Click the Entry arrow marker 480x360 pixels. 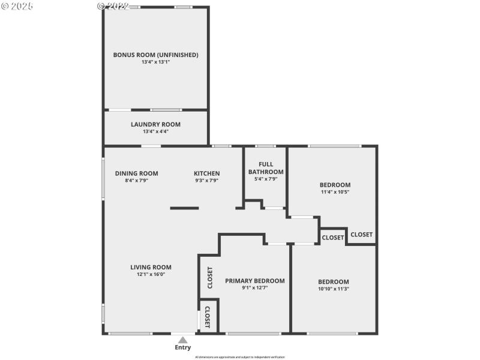pos(182,340)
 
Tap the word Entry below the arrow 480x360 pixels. pos(182,347)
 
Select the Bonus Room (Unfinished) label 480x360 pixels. pos(155,55)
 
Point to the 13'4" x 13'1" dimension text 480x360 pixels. pos(155,62)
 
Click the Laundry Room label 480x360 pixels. pos(155,124)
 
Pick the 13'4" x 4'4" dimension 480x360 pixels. pos(155,131)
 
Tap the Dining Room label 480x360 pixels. pos(136,173)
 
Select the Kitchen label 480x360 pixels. pos(206,173)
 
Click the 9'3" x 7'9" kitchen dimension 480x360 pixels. pos(206,180)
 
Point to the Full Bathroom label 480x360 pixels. pos(266,168)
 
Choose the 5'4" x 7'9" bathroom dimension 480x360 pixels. pos(266,179)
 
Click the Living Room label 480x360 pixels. pos(151,268)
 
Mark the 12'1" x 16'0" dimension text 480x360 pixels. pos(151,274)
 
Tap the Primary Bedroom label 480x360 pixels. pos(254,280)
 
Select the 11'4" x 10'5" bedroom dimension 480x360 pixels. pos(334,192)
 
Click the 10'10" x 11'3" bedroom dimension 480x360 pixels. pos(333,289)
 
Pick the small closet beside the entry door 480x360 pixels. pos(208,316)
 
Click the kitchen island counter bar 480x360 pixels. pos(184,208)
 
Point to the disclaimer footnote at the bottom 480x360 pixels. pos(240,357)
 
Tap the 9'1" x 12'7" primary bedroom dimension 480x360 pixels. pos(254,287)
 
